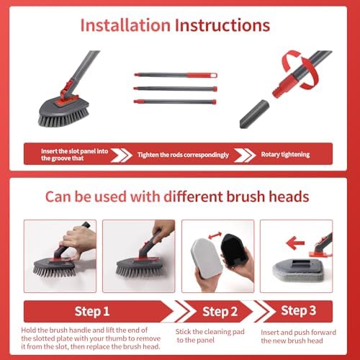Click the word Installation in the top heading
tap(125, 26)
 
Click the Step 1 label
tap(92, 311)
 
